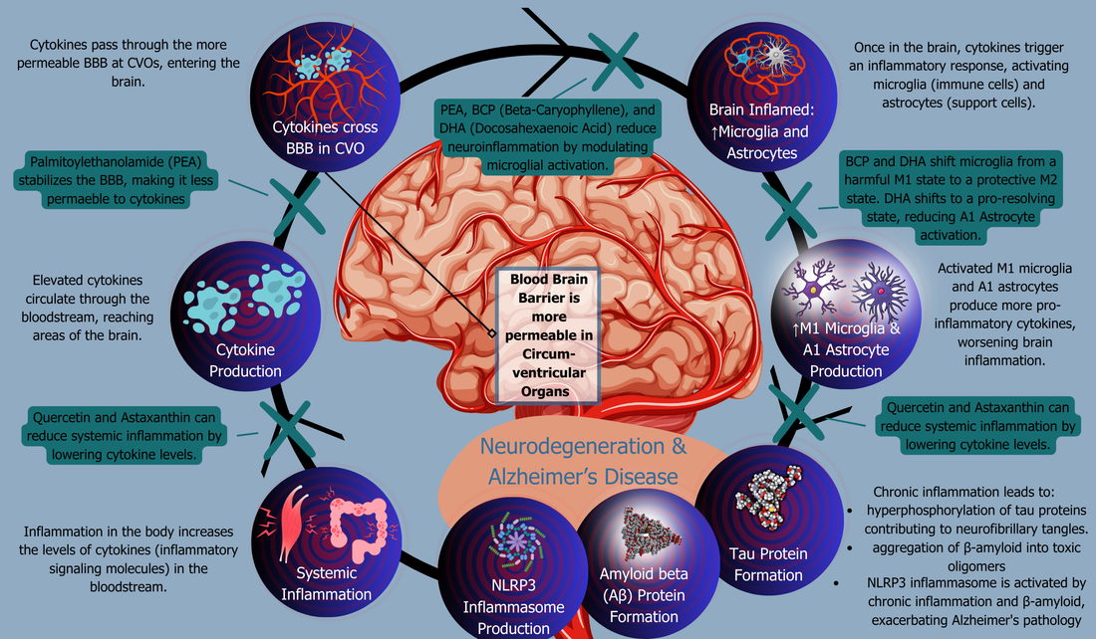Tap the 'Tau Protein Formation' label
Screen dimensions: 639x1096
(761, 564)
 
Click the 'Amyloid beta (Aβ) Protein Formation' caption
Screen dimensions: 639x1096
(644, 595)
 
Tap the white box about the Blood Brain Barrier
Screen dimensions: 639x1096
(549, 334)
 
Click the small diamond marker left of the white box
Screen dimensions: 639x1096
(490, 332)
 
